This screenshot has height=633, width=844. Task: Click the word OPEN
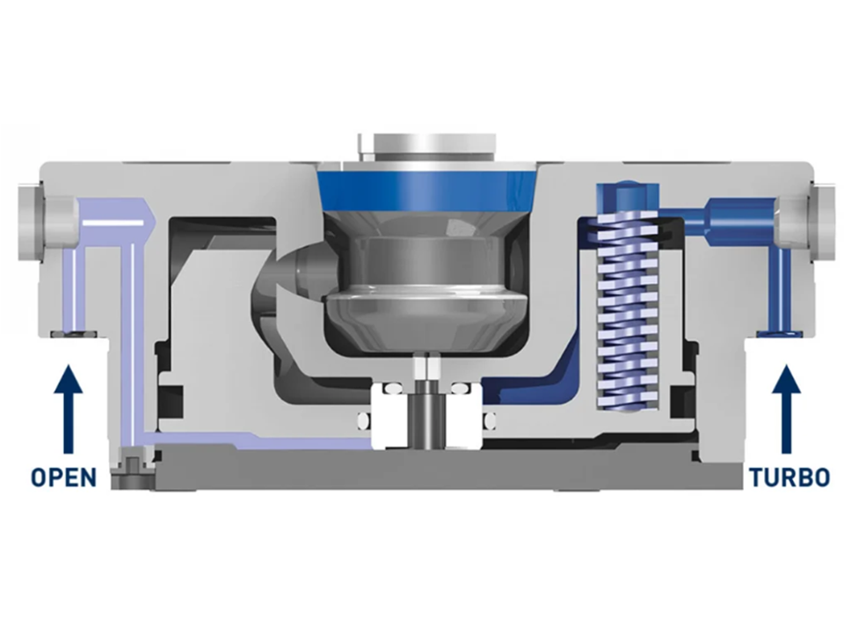tap(63, 477)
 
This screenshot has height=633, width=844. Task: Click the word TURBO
tap(789, 477)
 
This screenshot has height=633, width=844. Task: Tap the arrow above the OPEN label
tap(68, 409)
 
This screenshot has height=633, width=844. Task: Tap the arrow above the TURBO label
tap(786, 409)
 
